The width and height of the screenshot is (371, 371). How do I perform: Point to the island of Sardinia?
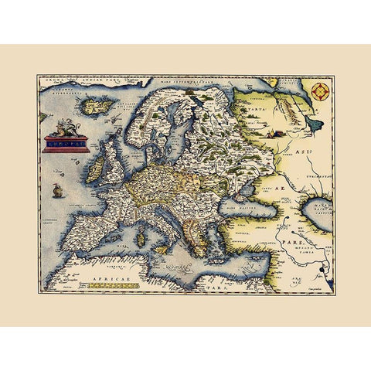click(x=141, y=238)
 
